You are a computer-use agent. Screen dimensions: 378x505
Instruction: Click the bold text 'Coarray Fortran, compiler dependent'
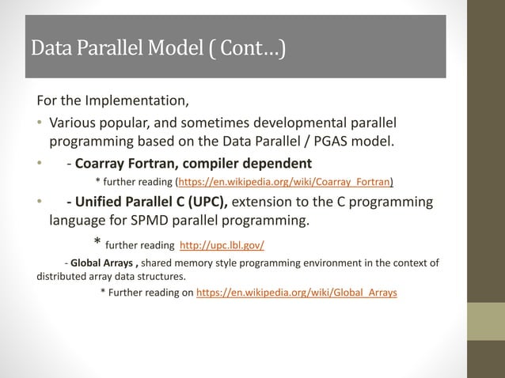tap(193, 164)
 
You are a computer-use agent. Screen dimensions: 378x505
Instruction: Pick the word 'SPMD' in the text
tap(166, 220)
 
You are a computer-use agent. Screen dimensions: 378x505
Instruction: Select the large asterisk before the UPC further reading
tap(97, 242)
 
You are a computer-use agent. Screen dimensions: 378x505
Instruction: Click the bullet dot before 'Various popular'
tap(40, 124)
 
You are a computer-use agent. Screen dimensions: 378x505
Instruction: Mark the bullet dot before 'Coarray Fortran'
tap(40, 164)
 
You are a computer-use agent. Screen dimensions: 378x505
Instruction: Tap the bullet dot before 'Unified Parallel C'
tap(40, 202)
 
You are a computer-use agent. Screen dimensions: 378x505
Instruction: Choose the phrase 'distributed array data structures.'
tap(112, 277)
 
